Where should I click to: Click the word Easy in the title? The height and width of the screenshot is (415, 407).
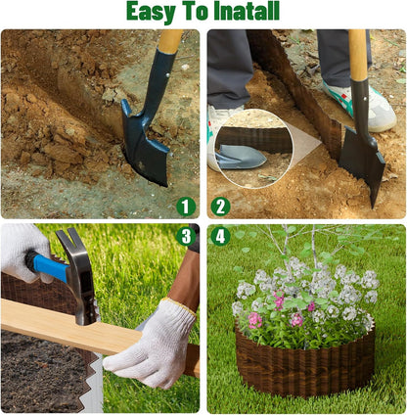(x=156, y=12)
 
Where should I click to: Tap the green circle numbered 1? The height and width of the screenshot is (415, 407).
(x=186, y=206)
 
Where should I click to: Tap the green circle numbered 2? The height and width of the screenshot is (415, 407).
(x=220, y=206)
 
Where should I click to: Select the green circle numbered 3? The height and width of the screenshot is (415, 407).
(x=186, y=236)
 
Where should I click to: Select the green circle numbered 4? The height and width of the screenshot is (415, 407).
(x=220, y=236)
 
